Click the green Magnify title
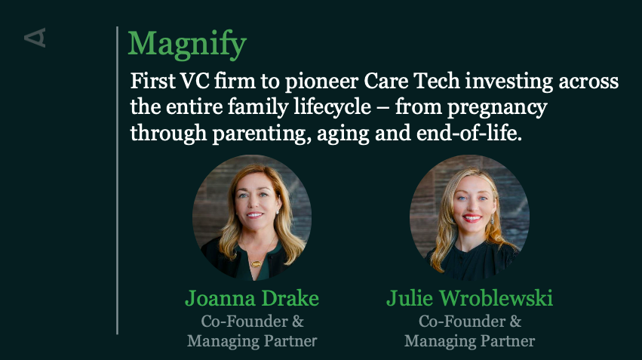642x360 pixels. coord(187,45)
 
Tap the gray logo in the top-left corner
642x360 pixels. coord(35,38)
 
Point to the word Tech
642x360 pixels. coord(437,81)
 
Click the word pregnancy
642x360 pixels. coord(497,108)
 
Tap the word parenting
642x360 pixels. coord(260,134)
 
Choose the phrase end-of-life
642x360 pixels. coord(469,133)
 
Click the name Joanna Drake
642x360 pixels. coord(252,298)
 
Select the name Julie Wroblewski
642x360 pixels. coord(470,298)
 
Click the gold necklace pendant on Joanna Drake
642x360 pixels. coord(256,263)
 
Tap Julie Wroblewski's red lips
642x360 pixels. coord(472,218)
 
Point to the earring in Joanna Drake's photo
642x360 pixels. coord(278,212)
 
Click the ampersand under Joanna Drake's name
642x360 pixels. coord(298,322)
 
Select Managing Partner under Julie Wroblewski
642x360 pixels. coord(470,341)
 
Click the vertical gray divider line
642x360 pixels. coord(117,180)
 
